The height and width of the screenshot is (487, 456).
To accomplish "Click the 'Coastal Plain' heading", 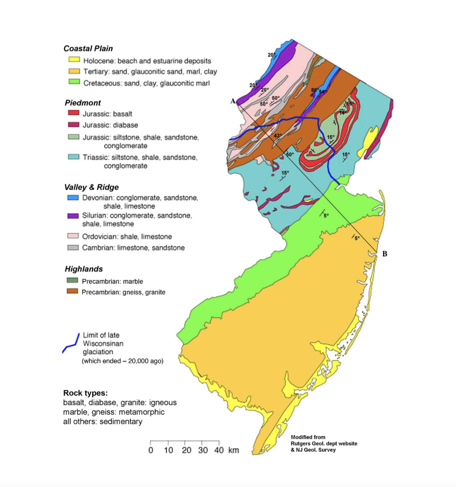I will point(88,49).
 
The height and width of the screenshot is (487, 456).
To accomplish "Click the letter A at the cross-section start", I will point(233,101).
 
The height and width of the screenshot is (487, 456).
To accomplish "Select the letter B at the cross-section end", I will point(385,254).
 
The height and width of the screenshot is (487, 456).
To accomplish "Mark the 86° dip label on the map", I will point(314,90).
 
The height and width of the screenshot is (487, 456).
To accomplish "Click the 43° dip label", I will point(278,136).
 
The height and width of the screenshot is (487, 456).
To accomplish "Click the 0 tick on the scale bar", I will point(151,450).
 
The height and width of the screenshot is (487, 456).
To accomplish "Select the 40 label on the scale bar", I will point(219,450).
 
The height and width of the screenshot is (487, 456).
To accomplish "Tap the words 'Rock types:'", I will point(85,393).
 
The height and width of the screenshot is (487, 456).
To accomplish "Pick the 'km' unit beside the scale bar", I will point(233,450).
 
